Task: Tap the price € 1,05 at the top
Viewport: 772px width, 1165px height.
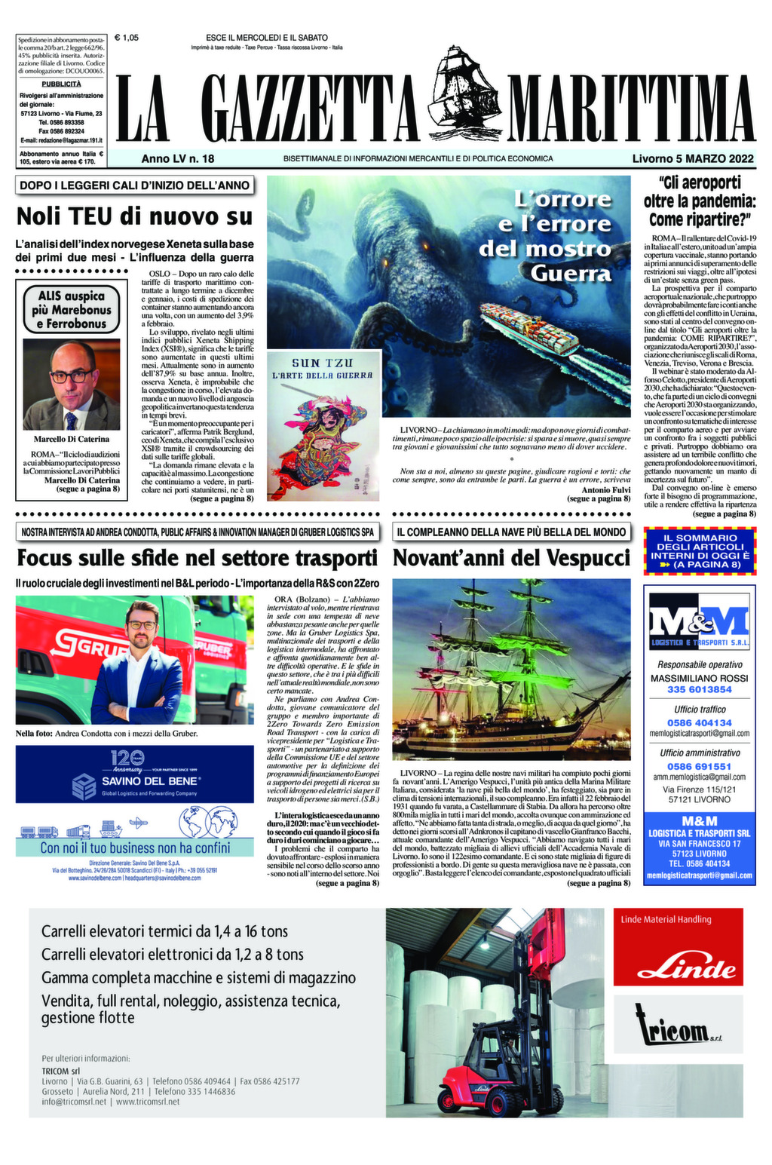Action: click(127, 37)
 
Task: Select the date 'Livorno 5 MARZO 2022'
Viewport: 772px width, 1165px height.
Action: click(693, 159)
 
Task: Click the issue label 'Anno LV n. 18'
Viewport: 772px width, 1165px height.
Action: click(178, 159)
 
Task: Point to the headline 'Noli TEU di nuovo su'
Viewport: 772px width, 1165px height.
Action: click(134, 216)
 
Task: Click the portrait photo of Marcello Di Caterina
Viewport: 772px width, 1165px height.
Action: click(72, 385)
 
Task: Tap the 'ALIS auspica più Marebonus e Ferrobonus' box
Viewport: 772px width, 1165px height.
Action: click(72, 310)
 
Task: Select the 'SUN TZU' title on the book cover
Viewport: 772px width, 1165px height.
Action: click(322, 363)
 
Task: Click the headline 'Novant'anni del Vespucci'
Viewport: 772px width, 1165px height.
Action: click(510, 559)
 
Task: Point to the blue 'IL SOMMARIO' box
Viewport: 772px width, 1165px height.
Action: click(700, 550)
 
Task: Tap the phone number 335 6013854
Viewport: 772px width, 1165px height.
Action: click(699, 689)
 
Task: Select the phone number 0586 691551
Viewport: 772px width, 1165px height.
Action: click(699, 766)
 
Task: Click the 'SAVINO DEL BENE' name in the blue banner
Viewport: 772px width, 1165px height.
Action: click(151, 781)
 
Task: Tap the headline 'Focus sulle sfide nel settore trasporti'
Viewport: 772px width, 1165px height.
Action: click(197, 559)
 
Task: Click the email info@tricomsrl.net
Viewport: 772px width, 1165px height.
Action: click(74, 1102)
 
